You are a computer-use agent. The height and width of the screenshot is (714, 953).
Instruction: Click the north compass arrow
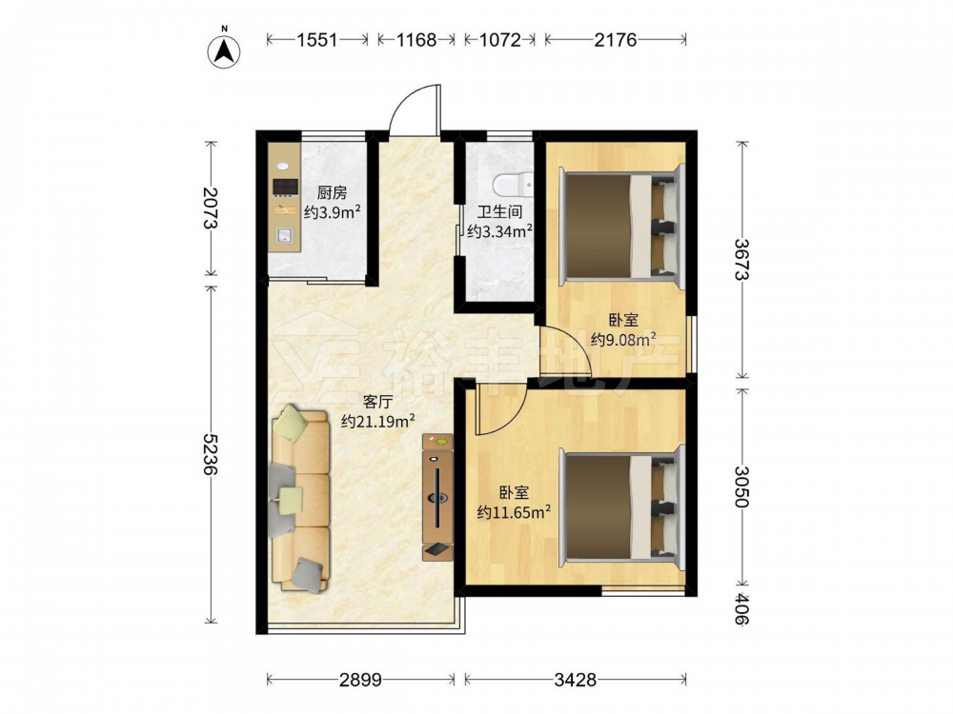[x=224, y=51]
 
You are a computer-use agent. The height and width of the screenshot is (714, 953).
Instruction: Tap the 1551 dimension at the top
[x=317, y=40]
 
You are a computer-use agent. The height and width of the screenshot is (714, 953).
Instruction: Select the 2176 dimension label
[x=615, y=40]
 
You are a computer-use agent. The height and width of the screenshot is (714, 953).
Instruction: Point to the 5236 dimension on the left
[x=211, y=454]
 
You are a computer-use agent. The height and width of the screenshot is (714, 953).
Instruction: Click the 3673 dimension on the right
[x=741, y=259]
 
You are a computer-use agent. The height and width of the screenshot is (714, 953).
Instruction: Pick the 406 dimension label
[x=741, y=609]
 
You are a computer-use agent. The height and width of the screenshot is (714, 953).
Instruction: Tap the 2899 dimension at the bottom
[x=360, y=680]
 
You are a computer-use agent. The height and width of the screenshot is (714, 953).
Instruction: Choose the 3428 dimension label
[x=575, y=680]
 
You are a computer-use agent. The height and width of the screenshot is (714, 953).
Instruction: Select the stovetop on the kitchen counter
[x=285, y=187]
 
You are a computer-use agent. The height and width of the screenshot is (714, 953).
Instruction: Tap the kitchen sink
[x=284, y=234]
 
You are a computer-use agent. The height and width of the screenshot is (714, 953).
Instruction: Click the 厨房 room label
[x=332, y=193]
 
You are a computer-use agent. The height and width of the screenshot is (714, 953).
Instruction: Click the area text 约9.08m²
[x=623, y=339]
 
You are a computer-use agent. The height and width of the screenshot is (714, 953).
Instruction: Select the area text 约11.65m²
[x=515, y=512]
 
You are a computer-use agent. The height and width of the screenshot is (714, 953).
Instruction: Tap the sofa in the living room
[x=300, y=499]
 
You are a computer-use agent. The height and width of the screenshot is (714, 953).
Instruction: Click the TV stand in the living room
[x=437, y=497]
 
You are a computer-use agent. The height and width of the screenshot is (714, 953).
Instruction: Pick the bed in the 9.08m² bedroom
[x=622, y=226]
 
